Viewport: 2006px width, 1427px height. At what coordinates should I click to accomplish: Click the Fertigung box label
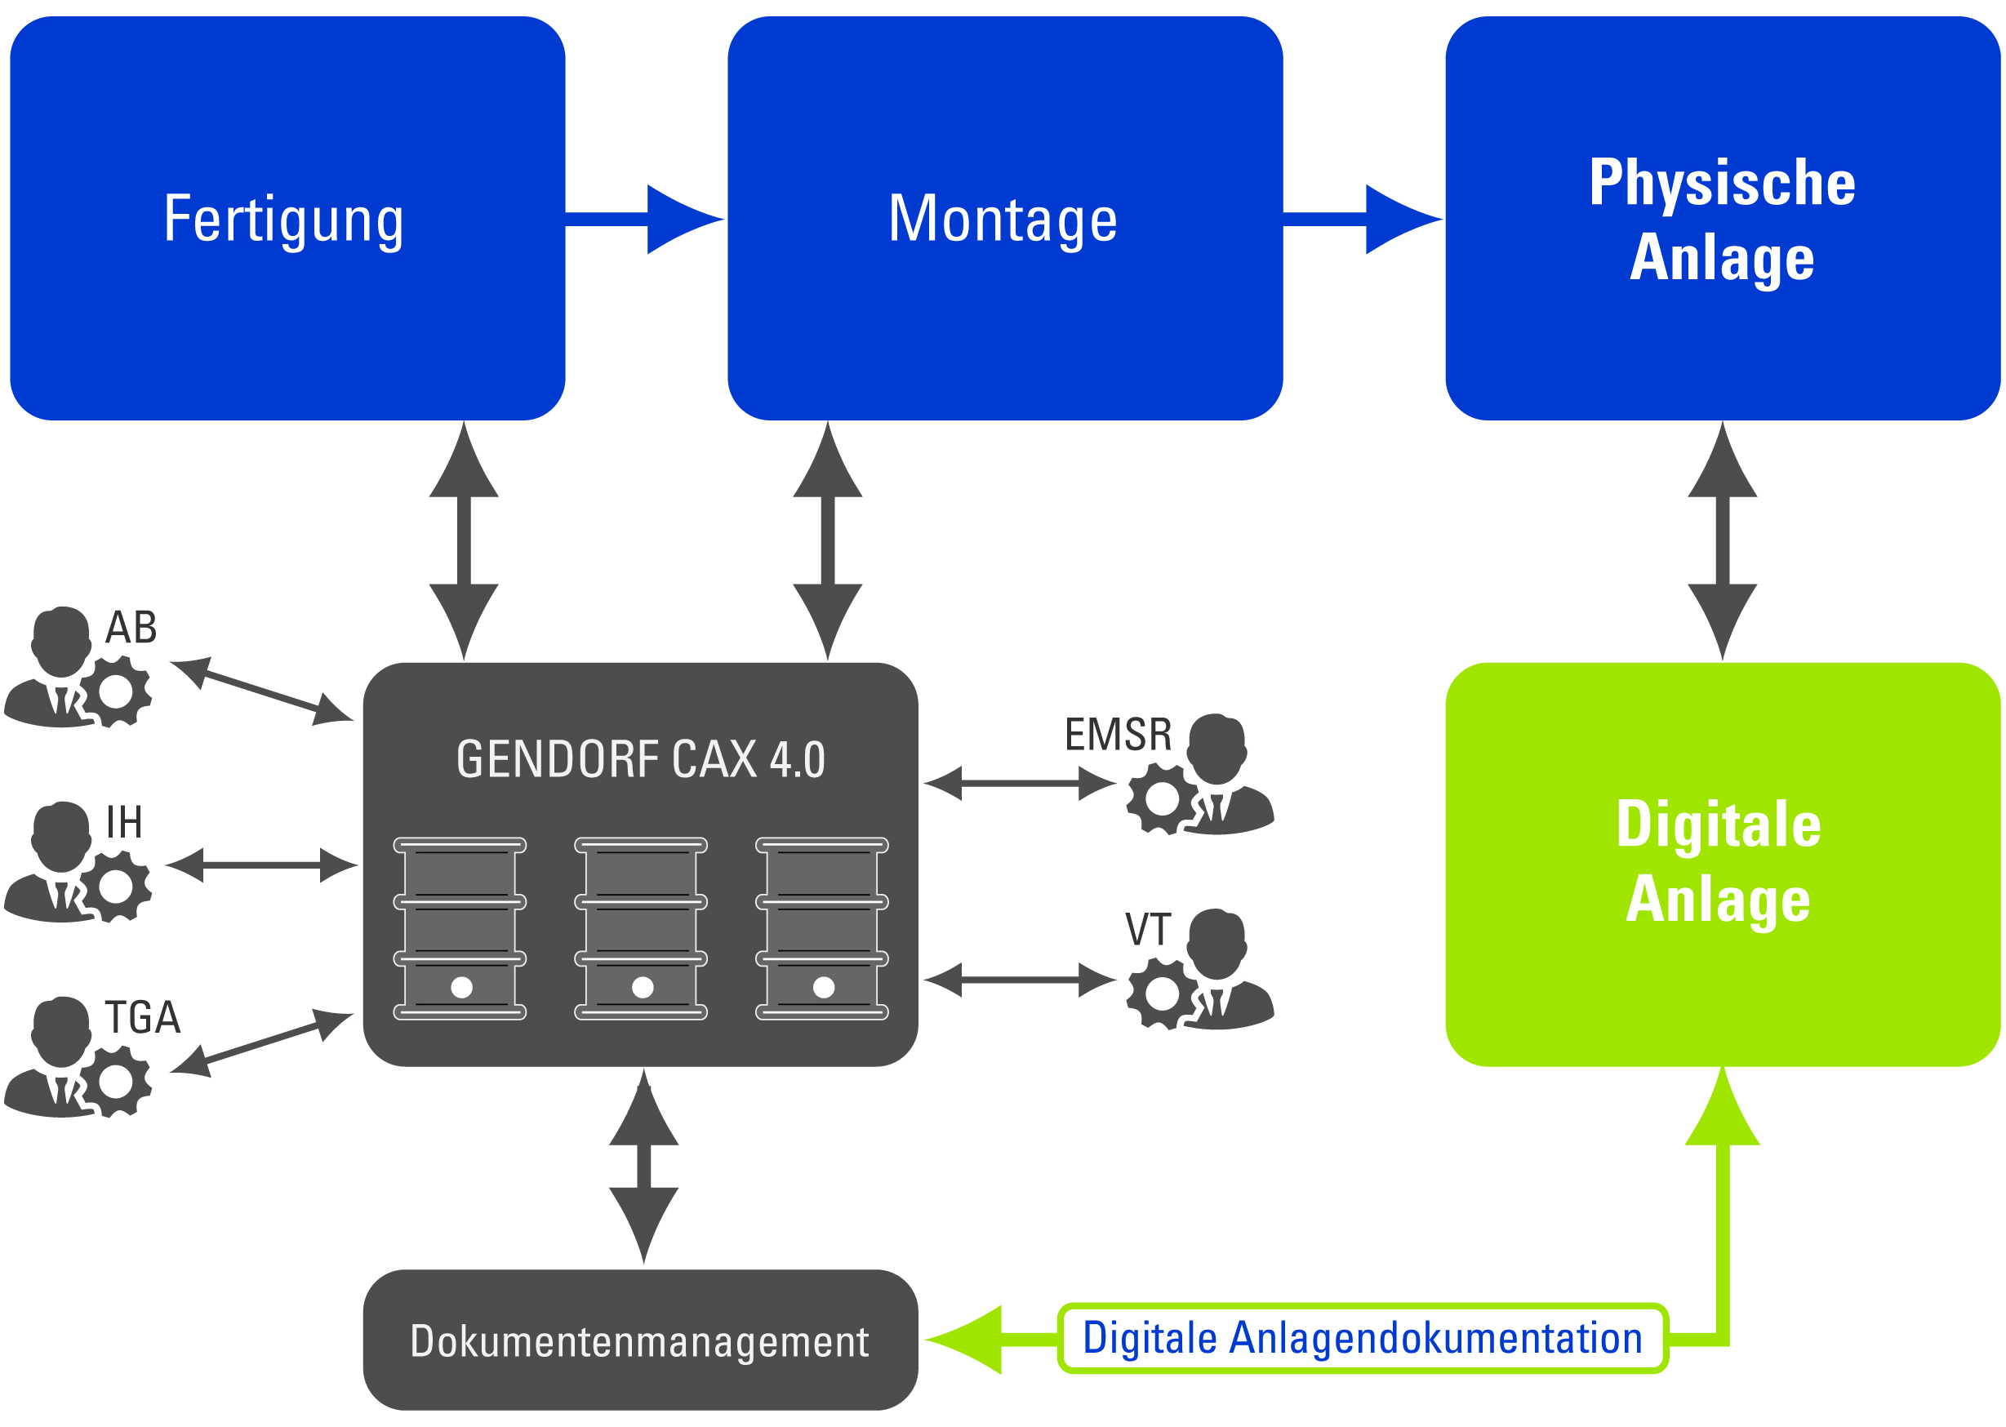click(283, 220)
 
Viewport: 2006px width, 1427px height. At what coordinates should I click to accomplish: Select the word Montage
click(1003, 220)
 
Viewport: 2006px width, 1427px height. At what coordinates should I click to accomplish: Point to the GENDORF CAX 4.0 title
click(641, 760)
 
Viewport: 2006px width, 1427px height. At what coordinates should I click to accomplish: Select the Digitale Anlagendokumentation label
click(1361, 1338)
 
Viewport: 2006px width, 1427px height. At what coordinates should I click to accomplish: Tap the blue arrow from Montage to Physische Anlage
click(1363, 220)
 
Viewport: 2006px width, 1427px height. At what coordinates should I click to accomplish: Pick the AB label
click(131, 628)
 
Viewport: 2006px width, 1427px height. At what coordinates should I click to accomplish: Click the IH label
click(124, 822)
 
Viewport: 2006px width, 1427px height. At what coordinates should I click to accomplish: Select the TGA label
click(142, 1017)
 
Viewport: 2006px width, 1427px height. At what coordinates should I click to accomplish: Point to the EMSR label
click(1118, 735)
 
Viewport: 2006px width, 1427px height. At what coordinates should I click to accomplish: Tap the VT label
click(1148, 930)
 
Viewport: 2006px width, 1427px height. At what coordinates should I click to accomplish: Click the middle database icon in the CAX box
click(641, 929)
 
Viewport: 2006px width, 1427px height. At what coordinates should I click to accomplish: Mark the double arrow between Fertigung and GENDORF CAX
click(463, 540)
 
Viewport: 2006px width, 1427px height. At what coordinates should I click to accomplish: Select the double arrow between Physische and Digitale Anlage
click(1721, 540)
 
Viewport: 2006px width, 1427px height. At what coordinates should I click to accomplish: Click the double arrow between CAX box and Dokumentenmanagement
click(643, 1167)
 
